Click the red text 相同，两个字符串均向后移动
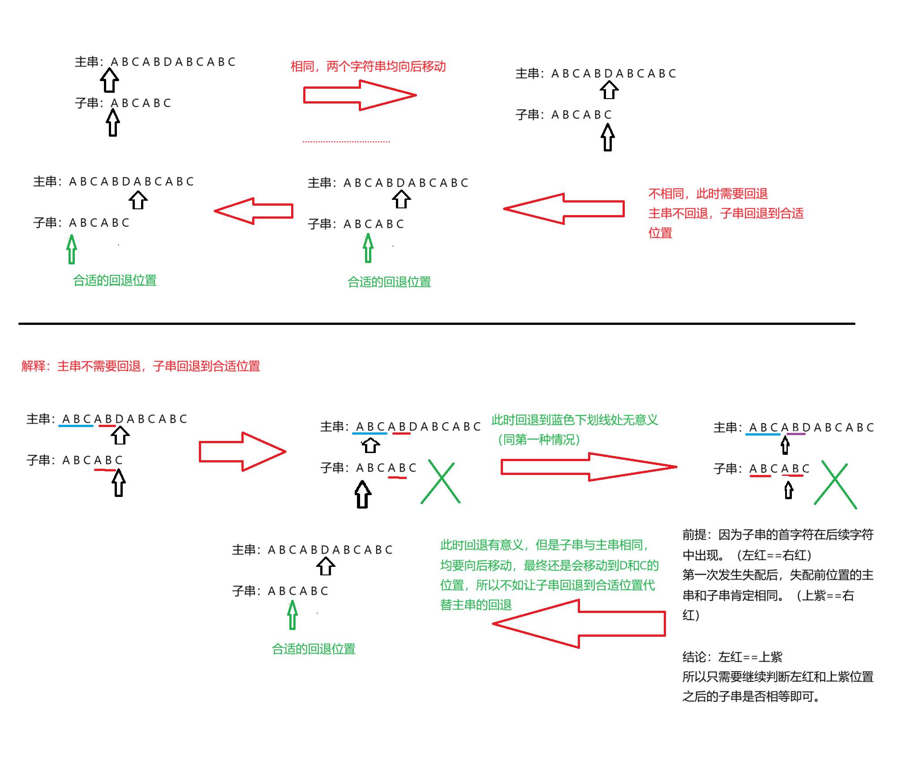pos(368,66)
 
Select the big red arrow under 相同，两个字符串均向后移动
pos(359,95)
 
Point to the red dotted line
pos(346,142)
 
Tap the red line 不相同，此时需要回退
pos(708,194)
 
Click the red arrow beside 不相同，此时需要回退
pos(564,209)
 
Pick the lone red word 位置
pos(660,233)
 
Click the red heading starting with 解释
pos(141,366)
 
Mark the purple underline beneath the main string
pos(796,434)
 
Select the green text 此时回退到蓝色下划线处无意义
pos(575,420)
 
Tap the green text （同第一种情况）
pos(539,440)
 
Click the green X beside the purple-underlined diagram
pos(835,486)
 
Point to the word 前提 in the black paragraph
pos(695,535)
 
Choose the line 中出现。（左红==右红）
pos(747,555)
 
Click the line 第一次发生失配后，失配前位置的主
pos(778,575)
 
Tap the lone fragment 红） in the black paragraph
pos(691,615)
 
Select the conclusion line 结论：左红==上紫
pos(732,657)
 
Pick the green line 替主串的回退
pos(476,605)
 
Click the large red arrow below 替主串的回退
pos(579,624)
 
